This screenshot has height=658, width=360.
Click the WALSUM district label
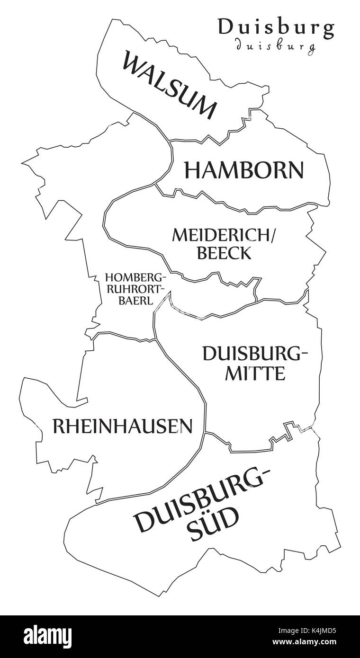click(x=170, y=85)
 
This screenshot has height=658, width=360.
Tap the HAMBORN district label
click(x=243, y=170)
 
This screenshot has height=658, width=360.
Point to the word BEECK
click(x=224, y=253)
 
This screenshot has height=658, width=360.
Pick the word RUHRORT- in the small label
click(x=135, y=288)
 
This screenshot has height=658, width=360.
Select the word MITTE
click(x=255, y=374)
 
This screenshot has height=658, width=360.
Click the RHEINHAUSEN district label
click(x=122, y=427)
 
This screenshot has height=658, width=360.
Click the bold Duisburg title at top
click(x=276, y=28)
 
